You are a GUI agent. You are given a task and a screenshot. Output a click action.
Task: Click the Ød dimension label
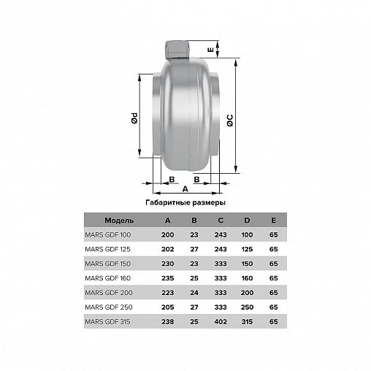(x=134, y=118)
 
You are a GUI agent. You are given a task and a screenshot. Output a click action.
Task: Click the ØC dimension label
(x=229, y=121)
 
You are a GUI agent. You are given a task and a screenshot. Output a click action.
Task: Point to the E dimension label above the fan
(x=210, y=50)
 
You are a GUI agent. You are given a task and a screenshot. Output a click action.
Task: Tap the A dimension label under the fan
(x=185, y=188)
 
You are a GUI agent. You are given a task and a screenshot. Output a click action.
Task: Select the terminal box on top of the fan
(x=177, y=50)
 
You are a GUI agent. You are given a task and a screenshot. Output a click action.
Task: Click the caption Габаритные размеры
(x=185, y=202)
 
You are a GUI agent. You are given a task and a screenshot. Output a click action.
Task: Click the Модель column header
(x=119, y=221)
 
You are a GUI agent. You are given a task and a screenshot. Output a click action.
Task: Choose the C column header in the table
(x=221, y=221)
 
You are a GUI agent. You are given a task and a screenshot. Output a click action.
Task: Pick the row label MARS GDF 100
(x=108, y=234)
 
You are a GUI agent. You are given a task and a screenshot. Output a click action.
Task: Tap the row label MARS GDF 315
(x=107, y=321)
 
